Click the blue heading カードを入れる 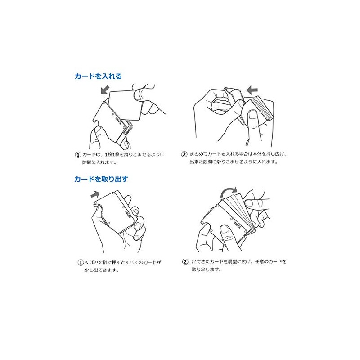pyautogui.click(x=98, y=76)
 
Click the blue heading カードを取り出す pyautogui.click(x=101, y=179)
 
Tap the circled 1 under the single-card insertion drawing pyautogui.click(x=78, y=154)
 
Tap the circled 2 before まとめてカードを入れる pyautogui.click(x=184, y=154)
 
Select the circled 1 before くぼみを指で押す pyautogui.click(x=81, y=262)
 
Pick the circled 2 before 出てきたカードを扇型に pyautogui.click(x=185, y=261)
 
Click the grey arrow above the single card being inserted pyautogui.click(x=105, y=90)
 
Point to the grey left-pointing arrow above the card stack pyautogui.click(x=252, y=90)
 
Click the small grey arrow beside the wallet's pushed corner pyautogui.click(x=95, y=195)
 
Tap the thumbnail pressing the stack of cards pyautogui.click(x=253, y=115)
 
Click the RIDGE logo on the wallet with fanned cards pyautogui.click(x=238, y=225)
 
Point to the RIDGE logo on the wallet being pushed pyautogui.click(x=128, y=214)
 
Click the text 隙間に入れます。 pyautogui.click(x=99, y=162)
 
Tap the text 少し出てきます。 pyautogui.click(x=102, y=270)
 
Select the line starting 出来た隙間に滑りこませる pyautogui.click(x=234, y=162)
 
